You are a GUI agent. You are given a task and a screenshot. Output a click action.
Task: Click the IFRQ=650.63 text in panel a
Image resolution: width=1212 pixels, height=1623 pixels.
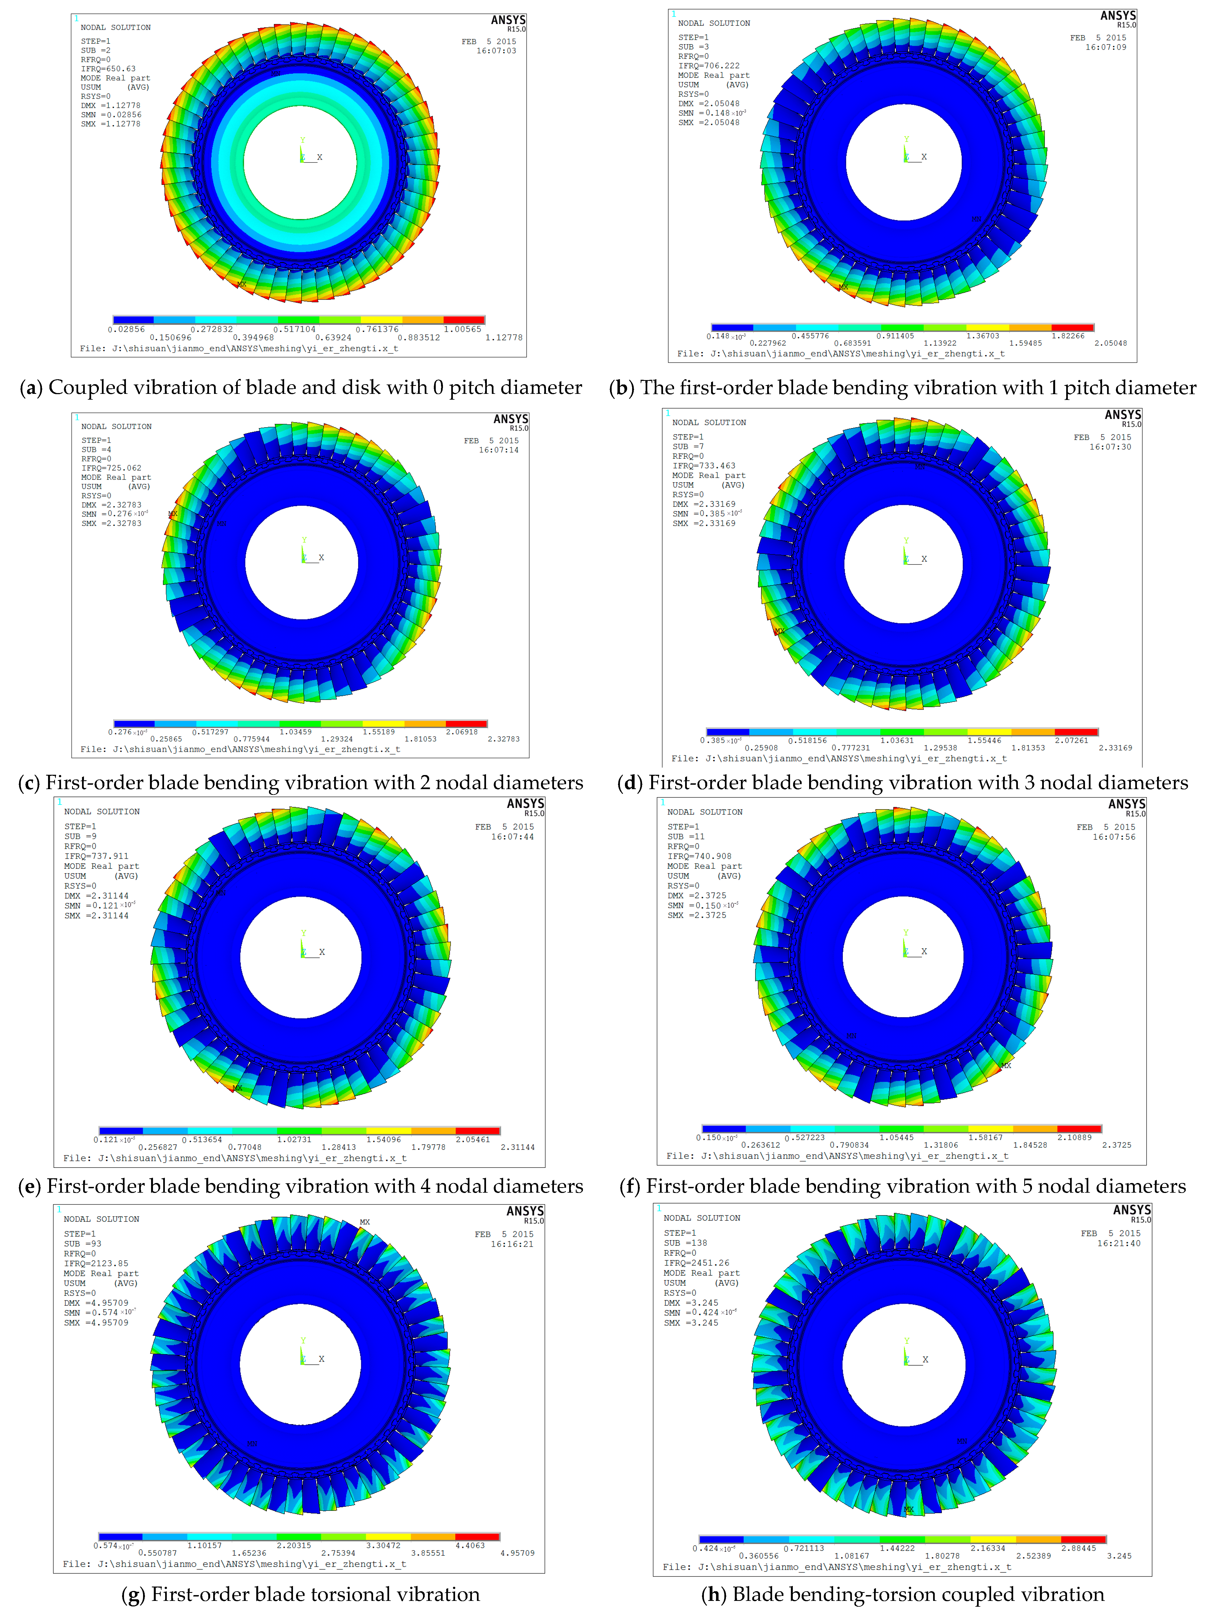pyautogui.click(x=108, y=69)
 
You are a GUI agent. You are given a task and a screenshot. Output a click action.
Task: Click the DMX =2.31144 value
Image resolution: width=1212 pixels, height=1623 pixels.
pyautogui.click(x=96, y=896)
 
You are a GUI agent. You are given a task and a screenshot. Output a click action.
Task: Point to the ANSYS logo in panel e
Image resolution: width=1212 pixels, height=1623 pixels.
pyautogui.click(x=525, y=804)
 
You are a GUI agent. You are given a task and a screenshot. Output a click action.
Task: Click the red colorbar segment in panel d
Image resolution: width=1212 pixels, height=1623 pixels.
pyautogui.click(x=1076, y=731)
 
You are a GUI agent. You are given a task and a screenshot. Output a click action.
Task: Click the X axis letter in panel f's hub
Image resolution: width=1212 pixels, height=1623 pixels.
pyautogui.click(x=924, y=952)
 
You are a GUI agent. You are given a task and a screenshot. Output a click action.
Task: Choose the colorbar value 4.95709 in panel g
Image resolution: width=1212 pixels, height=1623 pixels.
pyautogui.click(x=517, y=1553)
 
